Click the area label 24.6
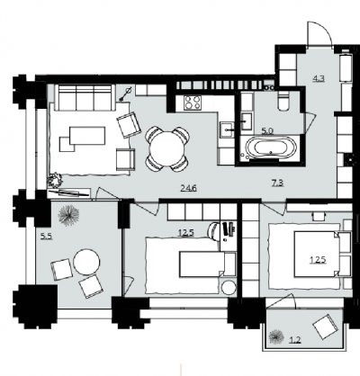tap(188, 188)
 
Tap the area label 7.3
tap(277, 183)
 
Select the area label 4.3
tap(319, 79)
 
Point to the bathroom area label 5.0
tap(267, 131)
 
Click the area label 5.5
tap(47, 237)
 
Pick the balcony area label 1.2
tap(295, 339)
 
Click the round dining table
tap(166, 149)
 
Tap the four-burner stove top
tap(193, 103)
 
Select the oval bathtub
tap(271, 148)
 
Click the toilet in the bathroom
tap(283, 101)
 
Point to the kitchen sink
tap(227, 130)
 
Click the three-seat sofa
tap(85, 97)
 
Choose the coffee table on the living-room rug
tap(87, 136)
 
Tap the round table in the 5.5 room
tap(86, 262)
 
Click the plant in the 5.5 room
tap(68, 214)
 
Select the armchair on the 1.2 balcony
tap(325, 327)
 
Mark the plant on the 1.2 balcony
tap(276, 336)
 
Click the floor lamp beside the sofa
tap(126, 94)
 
